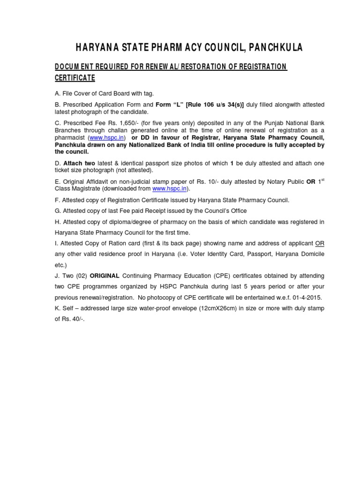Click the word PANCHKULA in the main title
(x=276, y=47)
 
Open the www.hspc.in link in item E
(x=170, y=188)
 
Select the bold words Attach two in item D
(x=79, y=163)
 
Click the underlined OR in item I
(x=319, y=243)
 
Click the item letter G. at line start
(x=58, y=210)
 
